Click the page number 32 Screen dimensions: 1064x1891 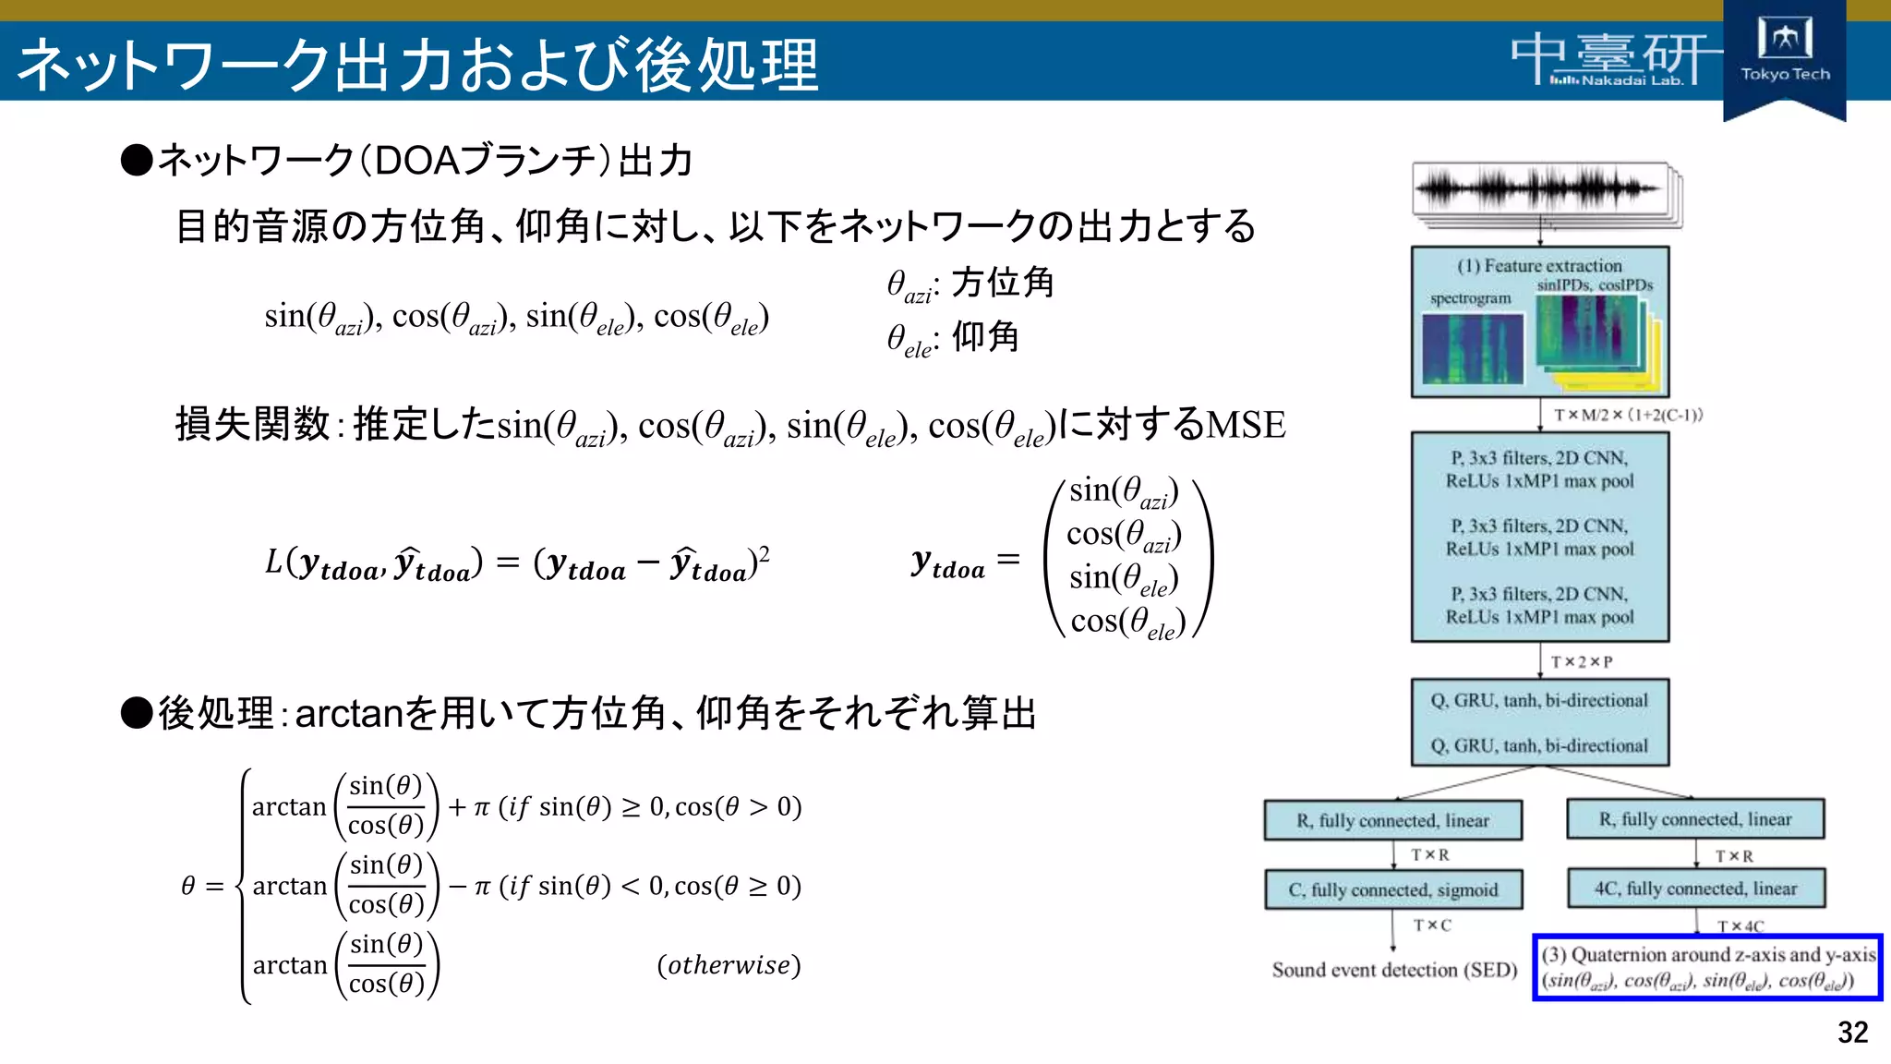1852,1032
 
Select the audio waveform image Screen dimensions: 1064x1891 1540,189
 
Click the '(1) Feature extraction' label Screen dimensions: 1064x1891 1539,266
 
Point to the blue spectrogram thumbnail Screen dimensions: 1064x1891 1472,348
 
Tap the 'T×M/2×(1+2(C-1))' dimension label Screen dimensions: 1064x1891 1628,416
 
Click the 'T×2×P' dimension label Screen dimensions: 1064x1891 1581,662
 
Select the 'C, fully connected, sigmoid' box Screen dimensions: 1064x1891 1392,889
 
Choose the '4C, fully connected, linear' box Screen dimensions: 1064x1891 1695,889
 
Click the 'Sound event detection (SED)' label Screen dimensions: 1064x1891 1394,970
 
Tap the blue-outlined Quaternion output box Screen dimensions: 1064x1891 1707,967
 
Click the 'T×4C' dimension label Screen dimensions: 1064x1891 1740,925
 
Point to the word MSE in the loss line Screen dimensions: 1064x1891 1246,425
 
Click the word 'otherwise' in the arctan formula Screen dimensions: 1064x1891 729,965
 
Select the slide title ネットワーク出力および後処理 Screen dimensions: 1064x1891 417,65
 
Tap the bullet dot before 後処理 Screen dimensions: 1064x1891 137,713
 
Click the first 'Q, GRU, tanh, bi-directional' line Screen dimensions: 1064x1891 1539,701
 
